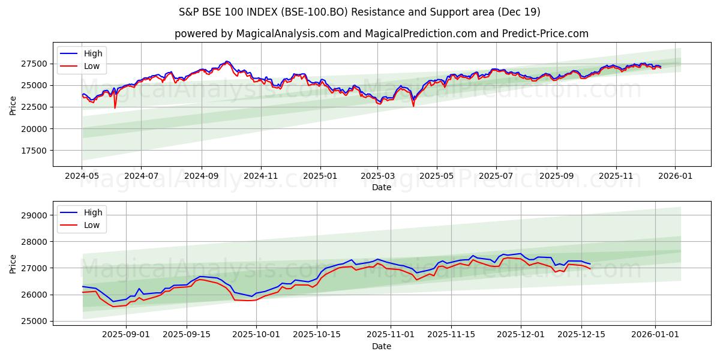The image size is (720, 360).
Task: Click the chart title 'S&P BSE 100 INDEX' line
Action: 359,12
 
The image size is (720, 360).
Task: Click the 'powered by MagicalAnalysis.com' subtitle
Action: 381,34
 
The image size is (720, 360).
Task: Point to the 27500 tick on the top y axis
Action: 34,64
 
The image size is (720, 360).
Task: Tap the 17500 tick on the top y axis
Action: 34,151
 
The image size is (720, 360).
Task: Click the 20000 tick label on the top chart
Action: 34,129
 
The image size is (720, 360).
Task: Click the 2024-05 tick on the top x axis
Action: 82,176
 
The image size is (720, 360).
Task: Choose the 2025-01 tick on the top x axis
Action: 320,176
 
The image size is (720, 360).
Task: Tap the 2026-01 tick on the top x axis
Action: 675,176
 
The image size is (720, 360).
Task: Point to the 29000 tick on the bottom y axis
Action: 34,215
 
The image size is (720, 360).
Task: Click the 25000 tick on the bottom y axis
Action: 34,321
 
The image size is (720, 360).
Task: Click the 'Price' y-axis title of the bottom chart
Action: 13,263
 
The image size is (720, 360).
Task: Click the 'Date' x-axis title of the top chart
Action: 381,187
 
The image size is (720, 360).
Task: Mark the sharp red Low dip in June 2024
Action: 115,107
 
